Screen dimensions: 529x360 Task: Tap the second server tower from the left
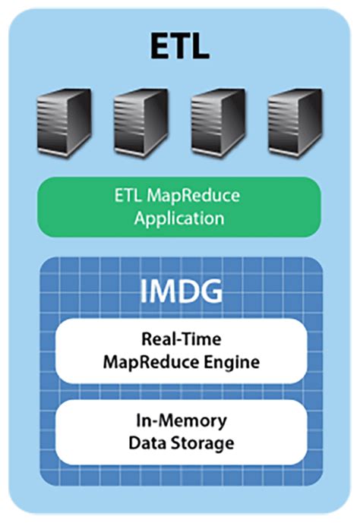pos(141,121)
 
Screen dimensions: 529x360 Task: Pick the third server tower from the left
pos(218,121)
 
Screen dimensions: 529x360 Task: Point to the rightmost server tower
pos(295,121)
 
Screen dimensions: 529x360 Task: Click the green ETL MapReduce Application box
pos(179,207)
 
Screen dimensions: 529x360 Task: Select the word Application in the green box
pos(179,219)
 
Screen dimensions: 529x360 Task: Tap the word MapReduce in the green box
pos(194,197)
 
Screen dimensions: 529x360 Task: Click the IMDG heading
pos(179,292)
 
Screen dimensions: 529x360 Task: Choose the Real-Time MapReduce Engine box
pos(179,351)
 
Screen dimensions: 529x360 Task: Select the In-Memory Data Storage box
pos(179,431)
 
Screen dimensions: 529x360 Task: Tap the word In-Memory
pos(180,420)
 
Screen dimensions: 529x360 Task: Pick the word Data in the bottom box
pos(148,442)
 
